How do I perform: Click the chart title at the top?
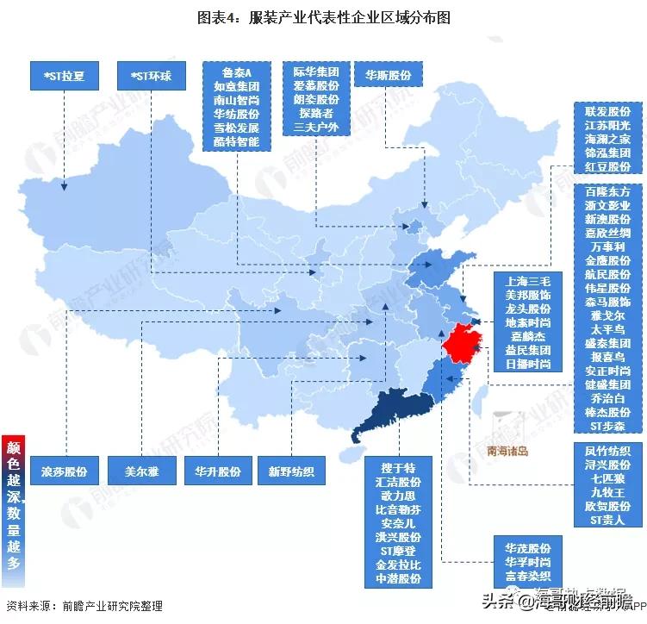(x=322, y=16)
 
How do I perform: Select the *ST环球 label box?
(x=152, y=76)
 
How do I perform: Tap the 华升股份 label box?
(x=216, y=471)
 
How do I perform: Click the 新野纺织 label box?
(x=291, y=471)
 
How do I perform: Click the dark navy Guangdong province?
(x=392, y=414)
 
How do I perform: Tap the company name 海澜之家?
(x=607, y=139)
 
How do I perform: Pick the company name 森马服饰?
(x=607, y=302)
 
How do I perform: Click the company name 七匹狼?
(x=607, y=477)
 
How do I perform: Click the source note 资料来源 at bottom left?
(x=84, y=605)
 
